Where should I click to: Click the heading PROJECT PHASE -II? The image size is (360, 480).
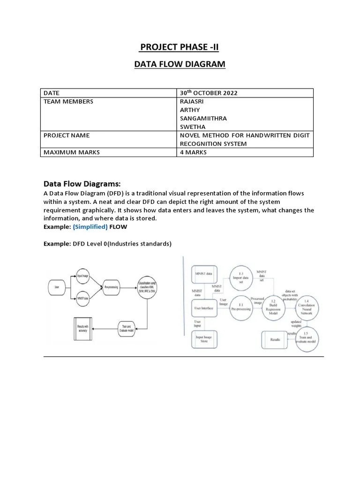180,47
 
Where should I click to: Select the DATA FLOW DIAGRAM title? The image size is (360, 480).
180,64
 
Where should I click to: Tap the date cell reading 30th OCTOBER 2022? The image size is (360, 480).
209,93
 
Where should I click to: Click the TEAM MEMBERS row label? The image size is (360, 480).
68,101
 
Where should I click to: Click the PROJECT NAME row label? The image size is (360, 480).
67,135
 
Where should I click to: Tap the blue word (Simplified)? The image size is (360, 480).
90,226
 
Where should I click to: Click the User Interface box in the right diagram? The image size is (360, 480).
204,308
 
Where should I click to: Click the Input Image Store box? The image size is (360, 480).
203,338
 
